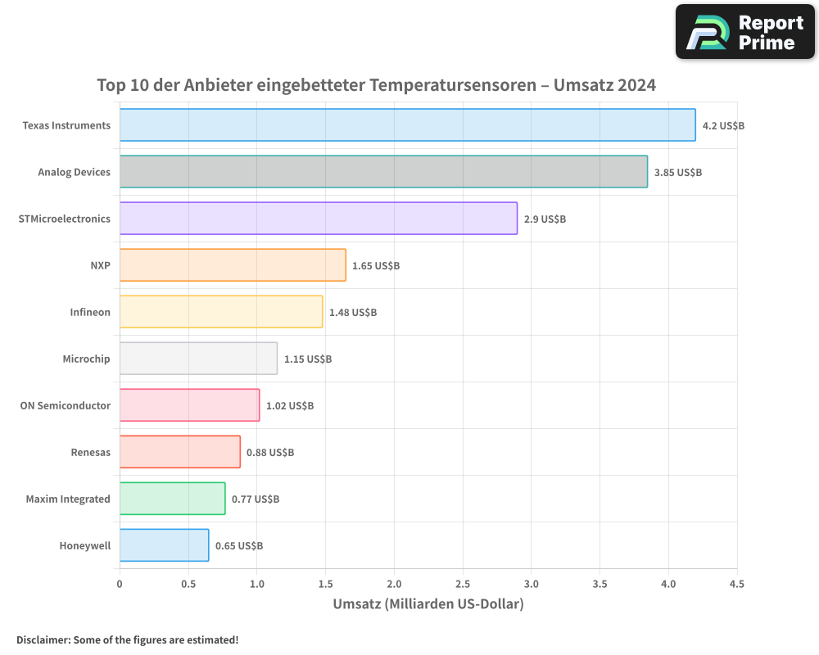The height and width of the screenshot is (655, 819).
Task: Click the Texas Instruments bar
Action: [x=407, y=125]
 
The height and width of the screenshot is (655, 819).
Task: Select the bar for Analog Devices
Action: [x=383, y=172]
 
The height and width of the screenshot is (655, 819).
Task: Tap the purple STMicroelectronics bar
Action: [x=319, y=219]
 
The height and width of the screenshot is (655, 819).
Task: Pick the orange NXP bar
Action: [x=233, y=265]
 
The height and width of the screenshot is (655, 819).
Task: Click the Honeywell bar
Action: [x=164, y=545]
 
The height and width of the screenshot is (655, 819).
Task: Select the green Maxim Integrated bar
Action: [x=172, y=499]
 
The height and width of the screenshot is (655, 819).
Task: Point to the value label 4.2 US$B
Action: [x=723, y=126]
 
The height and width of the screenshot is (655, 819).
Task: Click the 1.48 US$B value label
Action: [x=353, y=313]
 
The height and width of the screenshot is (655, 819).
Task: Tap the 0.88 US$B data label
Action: [x=270, y=453]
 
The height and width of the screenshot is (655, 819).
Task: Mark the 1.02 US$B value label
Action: [x=290, y=406]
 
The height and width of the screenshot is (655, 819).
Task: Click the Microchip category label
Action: [x=86, y=359]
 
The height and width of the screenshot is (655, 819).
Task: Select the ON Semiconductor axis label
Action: [x=66, y=406]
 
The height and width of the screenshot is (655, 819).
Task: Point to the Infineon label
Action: [x=90, y=313]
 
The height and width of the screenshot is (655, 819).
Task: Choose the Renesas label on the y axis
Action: [x=91, y=453]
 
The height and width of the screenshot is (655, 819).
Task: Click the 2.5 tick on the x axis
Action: [x=463, y=585]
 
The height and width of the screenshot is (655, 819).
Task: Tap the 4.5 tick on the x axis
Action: [x=736, y=585]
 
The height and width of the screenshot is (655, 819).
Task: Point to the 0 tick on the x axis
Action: [x=120, y=585]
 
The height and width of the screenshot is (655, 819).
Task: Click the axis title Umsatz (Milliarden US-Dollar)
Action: [x=428, y=604]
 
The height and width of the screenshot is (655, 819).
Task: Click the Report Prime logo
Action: [x=745, y=32]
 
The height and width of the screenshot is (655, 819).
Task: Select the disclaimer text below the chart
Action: [x=127, y=639]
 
